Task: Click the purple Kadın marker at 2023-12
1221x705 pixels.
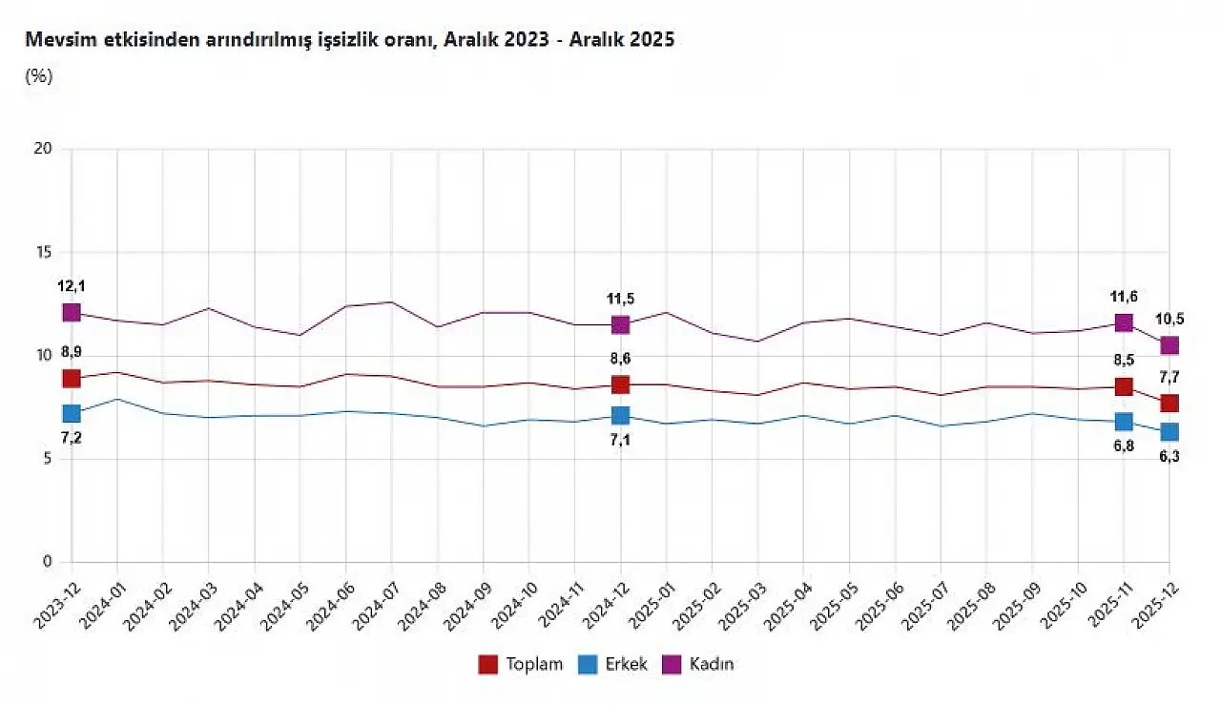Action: [x=72, y=312]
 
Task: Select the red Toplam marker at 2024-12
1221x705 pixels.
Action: [x=621, y=384]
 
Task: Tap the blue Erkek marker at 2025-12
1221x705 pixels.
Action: [x=1169, y=432]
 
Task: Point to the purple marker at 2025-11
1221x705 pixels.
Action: [x=1124, y=322]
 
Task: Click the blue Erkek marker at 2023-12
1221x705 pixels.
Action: [x=72, y=413]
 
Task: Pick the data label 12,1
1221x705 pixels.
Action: [x=72, y=286]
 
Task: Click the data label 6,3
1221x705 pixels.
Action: [x=1169, y=457]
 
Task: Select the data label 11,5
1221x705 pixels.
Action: [x=621, y=299]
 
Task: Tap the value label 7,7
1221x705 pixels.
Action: [x=1169, y=378]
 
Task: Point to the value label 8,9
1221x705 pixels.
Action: [x=72, y=352]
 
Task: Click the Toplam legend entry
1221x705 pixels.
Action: [x=522, y=664]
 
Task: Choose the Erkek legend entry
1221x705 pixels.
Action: [x=613, y=664]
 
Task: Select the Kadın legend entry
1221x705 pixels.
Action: [x=700, y=664]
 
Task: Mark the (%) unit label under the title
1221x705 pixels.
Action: [x=38, y=77]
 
